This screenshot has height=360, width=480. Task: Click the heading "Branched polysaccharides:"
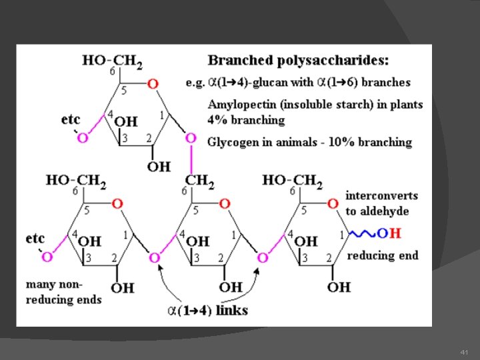(298, 60)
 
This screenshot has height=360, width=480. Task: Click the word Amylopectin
(241, 104)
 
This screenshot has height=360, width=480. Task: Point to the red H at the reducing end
(396, 233)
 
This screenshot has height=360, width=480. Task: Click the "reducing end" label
(383, 255)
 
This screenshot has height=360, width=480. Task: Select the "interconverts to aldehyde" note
(381, 203)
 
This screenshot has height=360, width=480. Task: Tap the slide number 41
(465, 351)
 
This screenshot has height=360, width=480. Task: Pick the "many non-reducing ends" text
(64, 292)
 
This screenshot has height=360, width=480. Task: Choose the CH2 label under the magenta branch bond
(201, 180)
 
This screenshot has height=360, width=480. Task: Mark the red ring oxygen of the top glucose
(153, 84)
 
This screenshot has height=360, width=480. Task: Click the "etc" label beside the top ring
(70, 119)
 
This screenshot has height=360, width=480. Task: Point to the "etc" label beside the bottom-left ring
(35, 238)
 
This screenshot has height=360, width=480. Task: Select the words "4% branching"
(246, 120)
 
